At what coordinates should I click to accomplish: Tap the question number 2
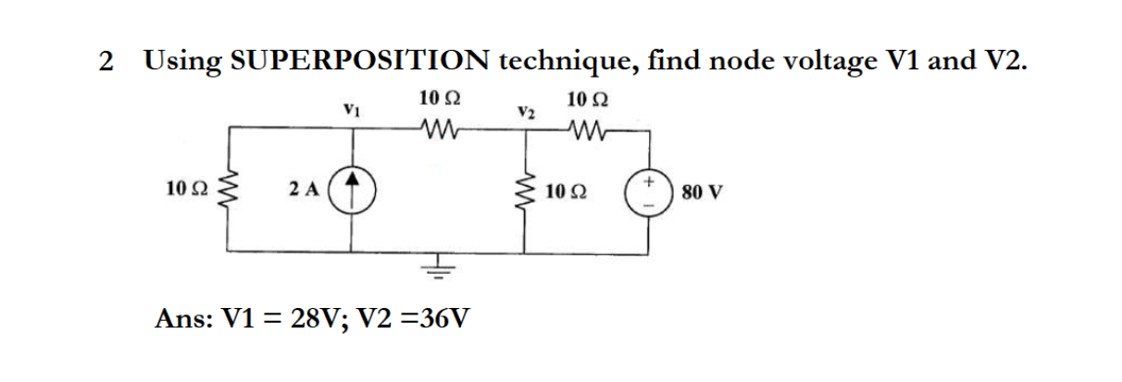pyautogui.click(x=107, y=62)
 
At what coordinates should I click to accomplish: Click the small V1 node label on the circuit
pyautogui.click(x=351, y=109)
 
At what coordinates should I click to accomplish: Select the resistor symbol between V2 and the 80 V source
pyautogui.click(x=588, y=129)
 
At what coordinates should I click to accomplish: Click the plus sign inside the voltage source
pyautogui.click(x=651, y=181)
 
